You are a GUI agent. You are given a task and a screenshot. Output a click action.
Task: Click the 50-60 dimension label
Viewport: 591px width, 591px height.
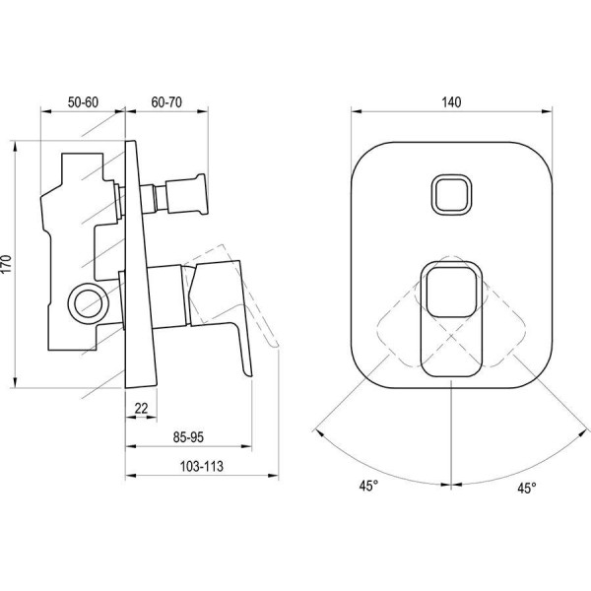(83, 102)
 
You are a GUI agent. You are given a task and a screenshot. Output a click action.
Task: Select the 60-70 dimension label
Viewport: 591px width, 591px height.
(166, 102)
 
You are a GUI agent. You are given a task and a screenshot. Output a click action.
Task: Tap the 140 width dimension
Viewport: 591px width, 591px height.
(451, 102)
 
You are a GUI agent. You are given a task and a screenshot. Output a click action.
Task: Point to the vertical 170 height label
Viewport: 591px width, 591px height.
(8, 264)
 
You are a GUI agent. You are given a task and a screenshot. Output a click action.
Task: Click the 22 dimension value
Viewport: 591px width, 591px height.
(141, 408)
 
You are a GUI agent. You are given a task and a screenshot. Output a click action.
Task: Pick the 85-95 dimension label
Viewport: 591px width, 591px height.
(188, 437)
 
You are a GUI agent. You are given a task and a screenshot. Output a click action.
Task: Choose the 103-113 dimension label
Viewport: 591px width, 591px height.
(202, 466)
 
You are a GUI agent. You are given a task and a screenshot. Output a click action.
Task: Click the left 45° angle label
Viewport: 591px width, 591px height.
(368, 486)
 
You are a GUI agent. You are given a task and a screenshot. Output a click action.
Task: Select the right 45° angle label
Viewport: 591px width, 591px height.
(527, 489)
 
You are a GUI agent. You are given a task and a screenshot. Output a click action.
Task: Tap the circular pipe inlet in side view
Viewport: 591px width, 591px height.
(89, 303)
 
